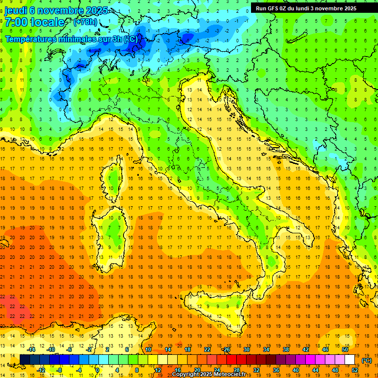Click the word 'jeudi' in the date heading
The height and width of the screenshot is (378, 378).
(x=16, y=11)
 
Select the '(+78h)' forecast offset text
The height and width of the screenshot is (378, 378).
(x=85, y=22)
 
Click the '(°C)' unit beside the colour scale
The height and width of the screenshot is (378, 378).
(x=367, y=360)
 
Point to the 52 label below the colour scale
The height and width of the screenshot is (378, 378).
(x=355, y=370)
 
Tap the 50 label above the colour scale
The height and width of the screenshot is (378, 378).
(x=345, y=349)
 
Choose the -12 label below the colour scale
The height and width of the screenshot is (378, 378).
(x=41, y=370)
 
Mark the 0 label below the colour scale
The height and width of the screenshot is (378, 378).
(x=97, y=370)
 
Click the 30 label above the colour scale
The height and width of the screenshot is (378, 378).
(x=247, y=349)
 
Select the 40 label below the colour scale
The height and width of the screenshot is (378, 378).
(x=295, y=370)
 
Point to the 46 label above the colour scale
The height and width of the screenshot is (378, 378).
(x=325, y=349)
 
